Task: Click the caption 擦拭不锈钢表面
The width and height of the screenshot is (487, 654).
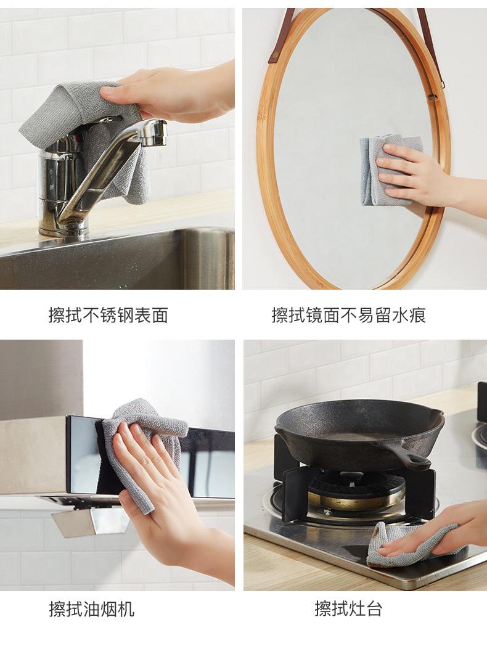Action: pos(108,315)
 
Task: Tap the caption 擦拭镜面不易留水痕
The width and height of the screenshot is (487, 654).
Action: pos(348,315)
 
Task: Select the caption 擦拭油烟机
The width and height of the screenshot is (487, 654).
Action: pos(92,608)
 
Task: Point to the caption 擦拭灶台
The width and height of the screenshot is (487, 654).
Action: pos(348,608)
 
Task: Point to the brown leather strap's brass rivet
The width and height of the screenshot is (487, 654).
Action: pos(275,55)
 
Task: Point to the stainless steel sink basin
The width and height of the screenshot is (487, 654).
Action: pos(117,259)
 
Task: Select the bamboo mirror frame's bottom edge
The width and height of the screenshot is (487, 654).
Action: pos(354,284)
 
